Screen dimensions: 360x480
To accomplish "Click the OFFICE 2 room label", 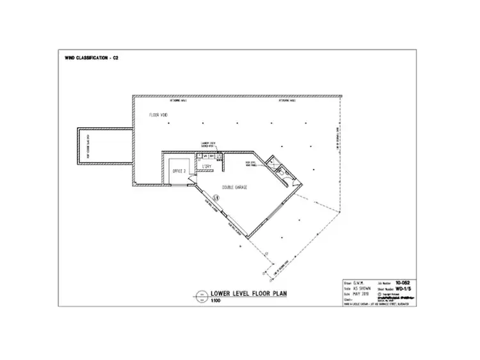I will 179,171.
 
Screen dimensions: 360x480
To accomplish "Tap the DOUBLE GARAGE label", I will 236,187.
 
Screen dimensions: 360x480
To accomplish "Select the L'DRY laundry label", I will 207,167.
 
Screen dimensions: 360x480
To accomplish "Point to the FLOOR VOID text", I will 158,115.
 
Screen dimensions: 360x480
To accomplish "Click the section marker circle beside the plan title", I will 200,296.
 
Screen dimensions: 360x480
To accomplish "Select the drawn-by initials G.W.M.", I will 362,281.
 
